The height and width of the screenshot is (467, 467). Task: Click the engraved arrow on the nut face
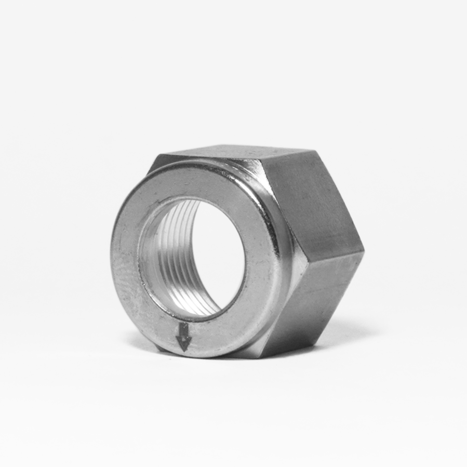[183, 337]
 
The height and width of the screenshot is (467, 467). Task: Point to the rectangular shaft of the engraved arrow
[183, 330]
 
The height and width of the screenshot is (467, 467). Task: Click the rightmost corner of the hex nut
[363, 251]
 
